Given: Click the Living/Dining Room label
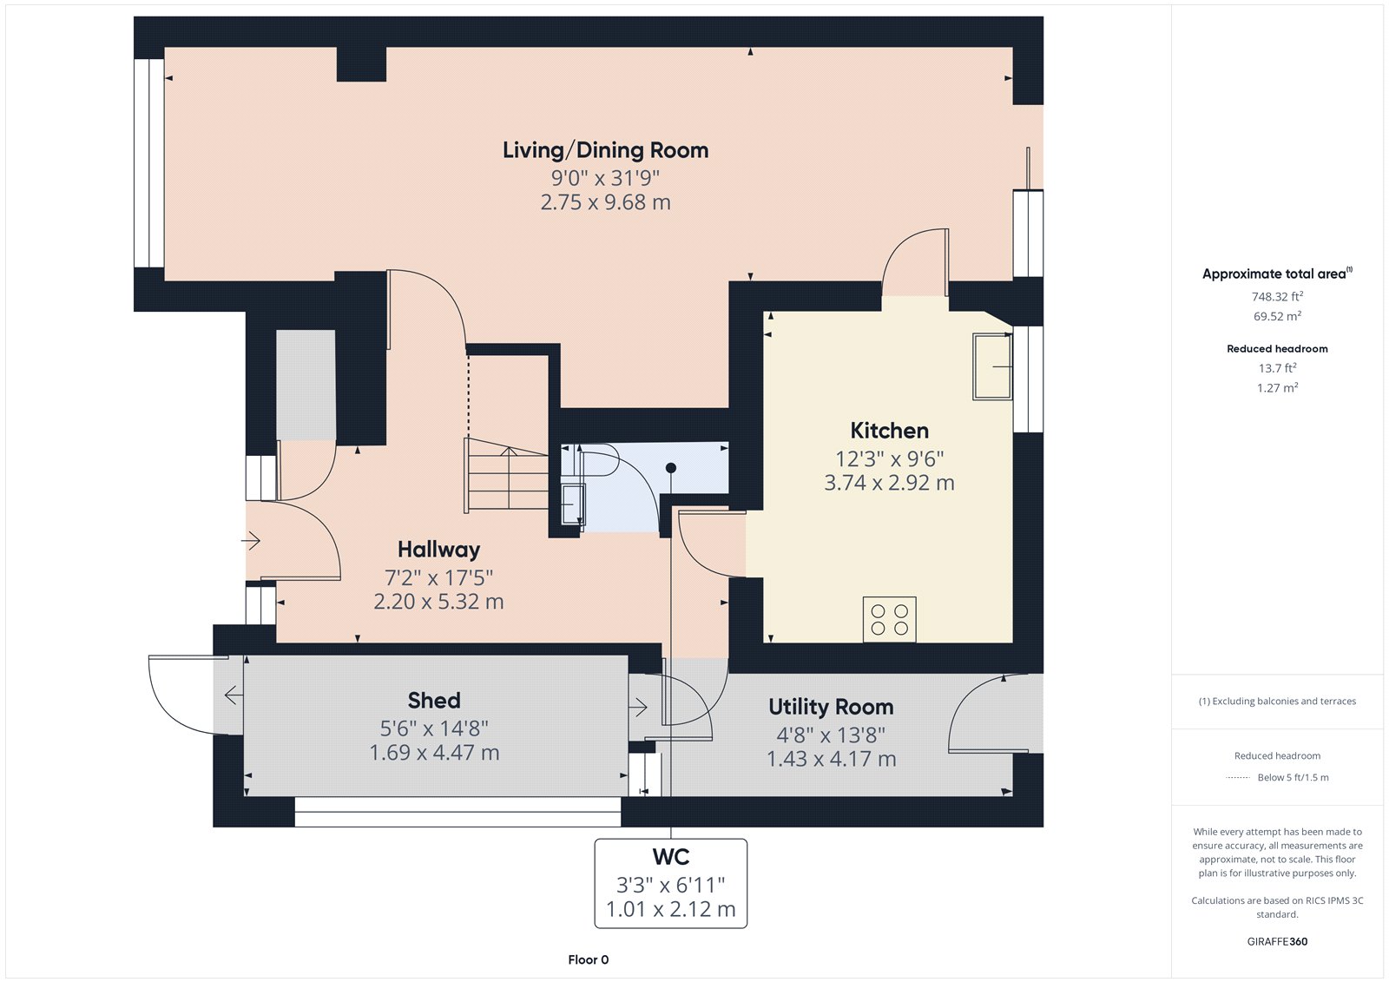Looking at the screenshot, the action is point(605,150).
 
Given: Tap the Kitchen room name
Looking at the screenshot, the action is point(889,431).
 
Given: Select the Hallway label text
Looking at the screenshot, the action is point(438,550).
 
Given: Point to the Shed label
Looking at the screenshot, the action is point(434,701).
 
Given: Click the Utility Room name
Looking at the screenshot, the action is point(831,707).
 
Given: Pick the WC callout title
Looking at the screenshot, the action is point(670,857).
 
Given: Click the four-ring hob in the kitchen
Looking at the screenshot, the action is point(889,619).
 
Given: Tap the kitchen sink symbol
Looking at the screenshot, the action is point(992,366).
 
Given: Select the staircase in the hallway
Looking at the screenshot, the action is point(507,475).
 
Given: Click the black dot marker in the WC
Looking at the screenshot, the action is point(671,468).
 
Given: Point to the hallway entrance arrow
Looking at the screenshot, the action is point(251,541).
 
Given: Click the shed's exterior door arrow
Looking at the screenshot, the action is point(234,695).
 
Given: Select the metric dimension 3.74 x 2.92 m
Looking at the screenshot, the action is point(889,483).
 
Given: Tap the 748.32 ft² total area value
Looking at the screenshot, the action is point(1277,297).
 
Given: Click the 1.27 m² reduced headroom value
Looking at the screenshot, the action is point(1277,388).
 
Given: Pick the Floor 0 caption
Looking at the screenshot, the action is point(588,959).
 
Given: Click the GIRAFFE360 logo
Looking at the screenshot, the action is point(1277,941).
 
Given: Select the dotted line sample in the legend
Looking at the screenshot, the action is point(1237,778).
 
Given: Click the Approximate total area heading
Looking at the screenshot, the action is point(1277,274).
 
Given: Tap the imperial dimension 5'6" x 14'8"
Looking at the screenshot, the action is point(434,728).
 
